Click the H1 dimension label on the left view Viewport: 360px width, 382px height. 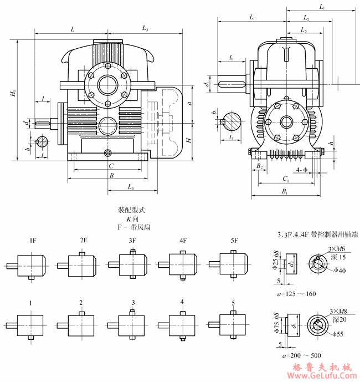[13, 94]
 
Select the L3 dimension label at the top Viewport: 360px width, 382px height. [145, 28]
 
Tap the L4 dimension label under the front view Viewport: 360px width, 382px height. [131, 187]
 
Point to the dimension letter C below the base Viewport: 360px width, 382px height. [111, 166]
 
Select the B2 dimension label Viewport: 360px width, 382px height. [259, 166]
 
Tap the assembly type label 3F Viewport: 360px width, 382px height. [133, 241]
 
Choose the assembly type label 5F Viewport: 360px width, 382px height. [234, 241]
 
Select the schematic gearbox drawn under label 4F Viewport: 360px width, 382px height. [183, 264]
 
